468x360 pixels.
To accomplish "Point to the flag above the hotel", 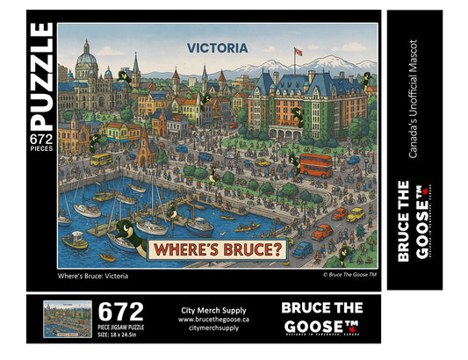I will pyautogui.click(x=297, y=51).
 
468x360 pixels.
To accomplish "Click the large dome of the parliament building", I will pyautogui.click(x=88, y=61).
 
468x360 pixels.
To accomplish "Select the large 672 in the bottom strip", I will pyautogui.click(x=120, y=312).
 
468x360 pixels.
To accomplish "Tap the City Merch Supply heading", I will pyautogui.click(x=213, y=310).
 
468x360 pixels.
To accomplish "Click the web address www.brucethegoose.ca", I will pyautogui.click(x=213, y=320).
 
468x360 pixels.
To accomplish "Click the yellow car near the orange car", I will pyautogui.click(x=355, y=214).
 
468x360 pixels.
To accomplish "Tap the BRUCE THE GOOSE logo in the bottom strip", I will pyautogui.click(x=323, y=318).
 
